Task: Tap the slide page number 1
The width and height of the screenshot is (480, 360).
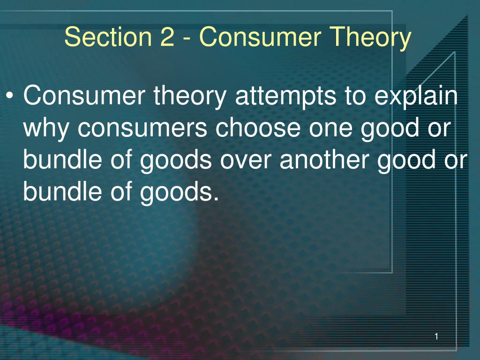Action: pyautogui.click(x=436, y=336)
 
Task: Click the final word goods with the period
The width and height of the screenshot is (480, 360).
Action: pyautogui.click(x=180, y=192)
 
